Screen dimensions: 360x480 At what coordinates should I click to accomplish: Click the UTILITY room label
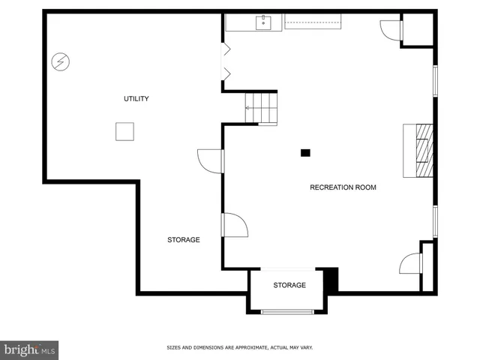(136, 99)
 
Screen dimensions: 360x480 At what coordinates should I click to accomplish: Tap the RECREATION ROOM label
(343, 187)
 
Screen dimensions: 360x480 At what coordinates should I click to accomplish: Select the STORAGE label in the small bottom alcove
(289, 285)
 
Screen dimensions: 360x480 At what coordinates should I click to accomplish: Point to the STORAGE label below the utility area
(183, 240)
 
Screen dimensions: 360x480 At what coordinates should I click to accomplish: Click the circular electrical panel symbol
(60, 61)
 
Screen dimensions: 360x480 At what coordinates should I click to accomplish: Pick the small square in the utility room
(124, 131)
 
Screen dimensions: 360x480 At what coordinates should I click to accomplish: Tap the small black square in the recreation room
(305, 153)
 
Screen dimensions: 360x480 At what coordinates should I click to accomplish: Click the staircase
(262, 107)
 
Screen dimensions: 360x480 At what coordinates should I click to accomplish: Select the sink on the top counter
(264, 23)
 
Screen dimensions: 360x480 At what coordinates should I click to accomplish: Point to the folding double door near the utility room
(225, 62)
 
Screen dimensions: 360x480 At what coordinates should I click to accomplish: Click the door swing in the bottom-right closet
(411, 264)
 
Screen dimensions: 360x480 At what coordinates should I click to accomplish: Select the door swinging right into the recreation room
(235, 226)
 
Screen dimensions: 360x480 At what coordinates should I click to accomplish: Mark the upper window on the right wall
(435, 81)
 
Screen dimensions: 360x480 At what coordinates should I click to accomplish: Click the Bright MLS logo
(29, 349)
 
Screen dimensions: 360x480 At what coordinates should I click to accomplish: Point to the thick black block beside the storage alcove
(331, 280)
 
